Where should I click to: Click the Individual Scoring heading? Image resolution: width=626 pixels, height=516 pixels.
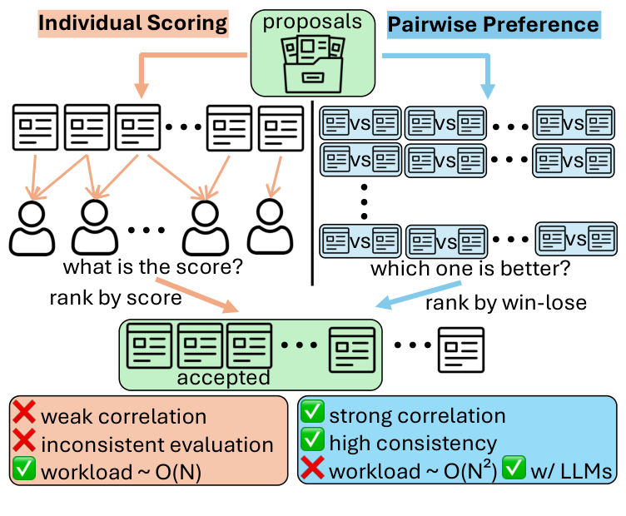pyautogui.click(x=133, y=22)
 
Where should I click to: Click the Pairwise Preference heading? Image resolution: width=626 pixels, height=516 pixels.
pyautogui.click(x=494, y=24)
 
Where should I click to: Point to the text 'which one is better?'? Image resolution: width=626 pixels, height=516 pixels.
pyautogui.click(x=470, y=269)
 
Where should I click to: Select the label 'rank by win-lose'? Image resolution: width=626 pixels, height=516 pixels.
pyautogui.click(x=506, y=302)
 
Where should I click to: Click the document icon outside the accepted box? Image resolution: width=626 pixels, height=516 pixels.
pyautogui.click(x=461, y=348)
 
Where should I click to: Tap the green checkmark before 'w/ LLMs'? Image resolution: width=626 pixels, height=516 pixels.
pyautogui.click(x=516, y=471)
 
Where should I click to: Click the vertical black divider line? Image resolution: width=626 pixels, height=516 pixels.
pyautogui.click(x=311, y=191)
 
